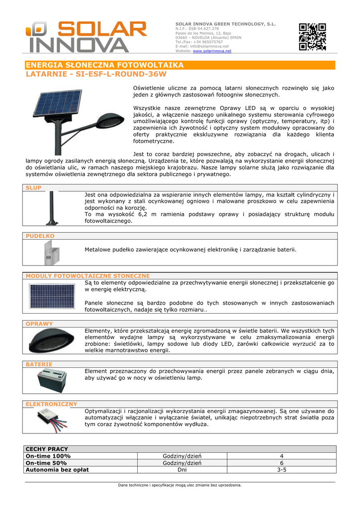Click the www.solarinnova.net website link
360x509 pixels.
[212, 51]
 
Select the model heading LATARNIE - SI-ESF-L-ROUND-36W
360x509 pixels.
[95, 74]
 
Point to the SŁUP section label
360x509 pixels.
[34, 188]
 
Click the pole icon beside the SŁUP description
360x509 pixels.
[51, 209]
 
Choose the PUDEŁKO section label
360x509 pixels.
[40, 236]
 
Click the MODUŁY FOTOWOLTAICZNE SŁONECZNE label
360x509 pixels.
[88, 275]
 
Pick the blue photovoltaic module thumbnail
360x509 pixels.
[52, 296]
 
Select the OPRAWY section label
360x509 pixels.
[39, 324]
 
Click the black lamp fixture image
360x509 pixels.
[51, 341]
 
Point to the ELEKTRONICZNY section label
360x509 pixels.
[51, 404]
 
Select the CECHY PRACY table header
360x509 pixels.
[47, 449]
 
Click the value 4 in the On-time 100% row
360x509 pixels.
[281, 456]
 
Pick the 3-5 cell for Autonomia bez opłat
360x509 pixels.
[281, 470]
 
